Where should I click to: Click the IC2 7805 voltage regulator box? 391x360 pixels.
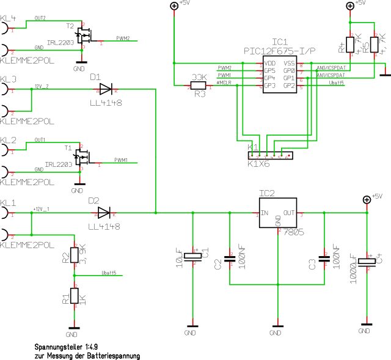pos(279,213)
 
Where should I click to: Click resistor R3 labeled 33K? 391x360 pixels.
pos(199,87)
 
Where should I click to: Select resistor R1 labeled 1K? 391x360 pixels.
pos(75,296)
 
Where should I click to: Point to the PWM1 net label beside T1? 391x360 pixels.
pos(121,160)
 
